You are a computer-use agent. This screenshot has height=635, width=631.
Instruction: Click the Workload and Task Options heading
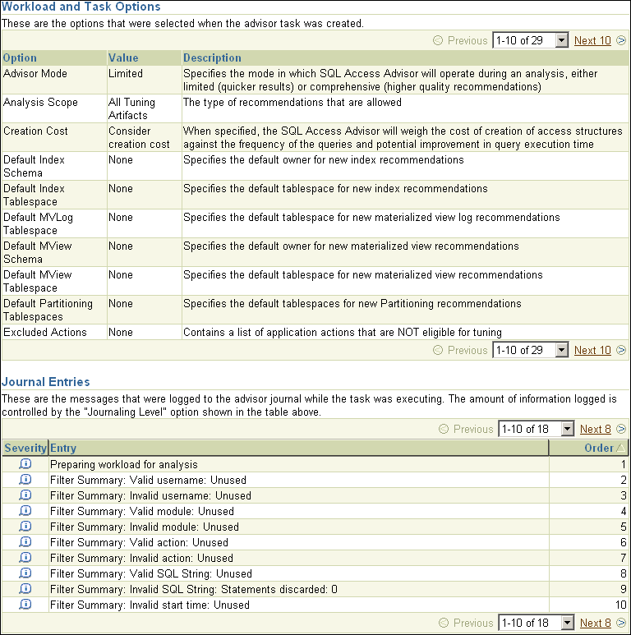[x=81, y=7]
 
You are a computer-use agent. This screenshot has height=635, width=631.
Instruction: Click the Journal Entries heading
[x=46, y=382]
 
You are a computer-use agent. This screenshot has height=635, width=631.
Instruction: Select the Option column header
[x=20, y=58]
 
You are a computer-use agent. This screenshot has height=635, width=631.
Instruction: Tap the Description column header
[x=212, y=58]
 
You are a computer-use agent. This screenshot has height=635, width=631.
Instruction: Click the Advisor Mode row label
[x=35, y=73]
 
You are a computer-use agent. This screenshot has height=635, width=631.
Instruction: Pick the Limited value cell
[x=126, y=73]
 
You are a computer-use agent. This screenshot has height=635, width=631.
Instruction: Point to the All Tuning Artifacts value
[x=131, y=108]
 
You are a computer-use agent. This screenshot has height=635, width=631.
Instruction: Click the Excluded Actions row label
[x=44, y=332]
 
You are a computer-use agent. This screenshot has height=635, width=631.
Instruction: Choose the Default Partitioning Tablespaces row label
[x=48, y=310]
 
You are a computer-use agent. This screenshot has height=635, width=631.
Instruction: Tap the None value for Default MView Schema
[x=120, y=246]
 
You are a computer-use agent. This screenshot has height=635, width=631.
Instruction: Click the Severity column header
[x=25, y=448]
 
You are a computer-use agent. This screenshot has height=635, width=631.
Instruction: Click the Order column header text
[x=598, y=448]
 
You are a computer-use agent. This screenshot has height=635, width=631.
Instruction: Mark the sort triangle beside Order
[x=620, y=448]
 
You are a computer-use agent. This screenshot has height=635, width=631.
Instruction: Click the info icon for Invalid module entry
[x=25, y=527]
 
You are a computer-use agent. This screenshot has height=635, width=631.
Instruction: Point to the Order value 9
[x=624, y=589]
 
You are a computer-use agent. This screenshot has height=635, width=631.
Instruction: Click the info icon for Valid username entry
[x=25, y=480]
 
